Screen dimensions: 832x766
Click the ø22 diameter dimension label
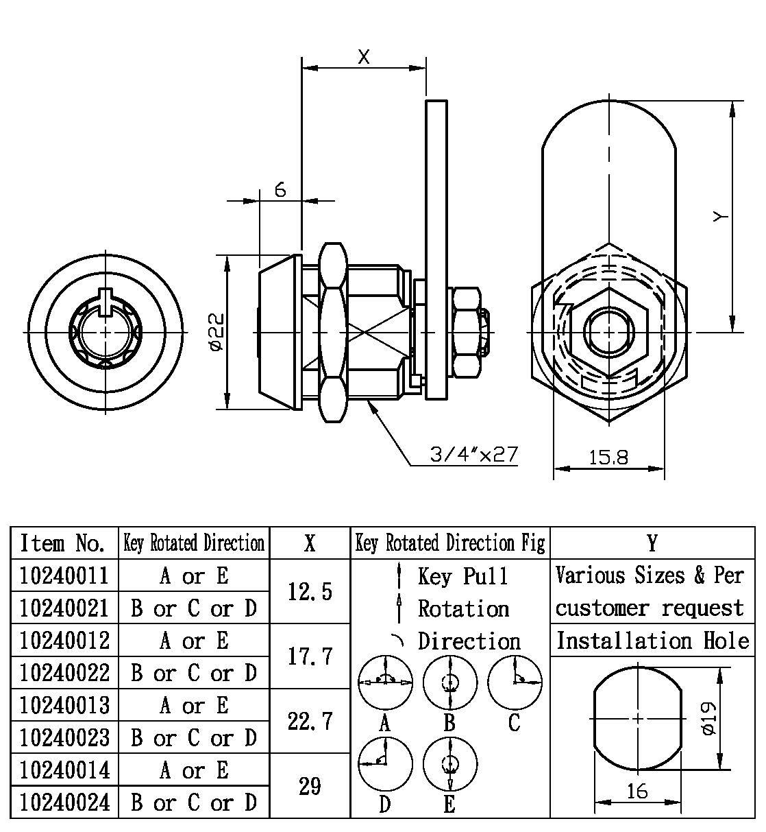(215, 332)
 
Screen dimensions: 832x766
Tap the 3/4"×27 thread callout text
(473, 453)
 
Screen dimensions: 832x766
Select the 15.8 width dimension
(608, 457)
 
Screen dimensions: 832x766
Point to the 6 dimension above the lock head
(280, 190)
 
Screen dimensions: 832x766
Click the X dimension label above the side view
(364, 57)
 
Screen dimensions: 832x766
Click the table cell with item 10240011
(64, 575)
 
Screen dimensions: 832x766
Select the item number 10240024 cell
(64, 802)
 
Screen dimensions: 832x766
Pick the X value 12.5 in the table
(310, 591)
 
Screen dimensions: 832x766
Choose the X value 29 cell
(310, 786)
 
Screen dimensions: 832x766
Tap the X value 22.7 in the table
(310, 721)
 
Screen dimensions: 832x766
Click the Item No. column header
(63, 543)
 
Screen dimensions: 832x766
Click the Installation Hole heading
(652, 641)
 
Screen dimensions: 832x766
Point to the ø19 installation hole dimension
(708, 718)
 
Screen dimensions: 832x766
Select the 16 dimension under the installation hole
(637, 792)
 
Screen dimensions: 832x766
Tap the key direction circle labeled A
(386, 682)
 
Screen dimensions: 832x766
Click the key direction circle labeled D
(386, 763)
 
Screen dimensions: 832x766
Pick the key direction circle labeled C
(515, 682)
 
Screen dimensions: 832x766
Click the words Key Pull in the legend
(463, 576)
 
